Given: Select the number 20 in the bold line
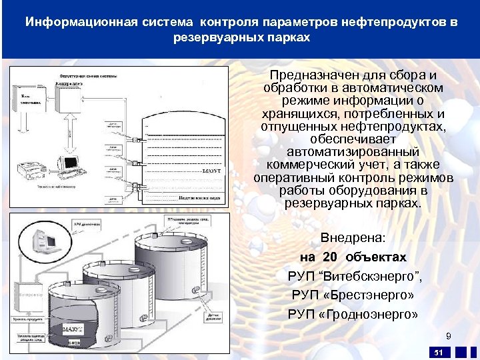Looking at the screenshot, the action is pos(330,257).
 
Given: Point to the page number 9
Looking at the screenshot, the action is pos(449,336).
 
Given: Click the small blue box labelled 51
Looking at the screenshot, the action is pos(438,352).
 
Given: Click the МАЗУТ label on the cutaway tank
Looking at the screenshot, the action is pos(73,329).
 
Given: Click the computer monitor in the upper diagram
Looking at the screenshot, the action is pos(69,162).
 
